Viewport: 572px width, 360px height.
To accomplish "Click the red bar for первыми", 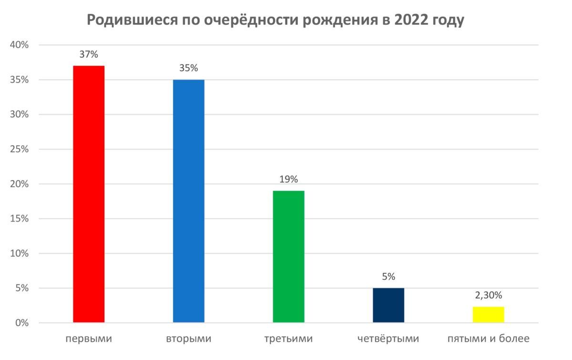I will point(89,194).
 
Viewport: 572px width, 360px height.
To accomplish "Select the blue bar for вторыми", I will point(188,201).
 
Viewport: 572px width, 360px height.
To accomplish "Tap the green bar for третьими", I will point(288,257).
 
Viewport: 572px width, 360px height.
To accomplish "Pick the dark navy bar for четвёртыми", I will point(388,305).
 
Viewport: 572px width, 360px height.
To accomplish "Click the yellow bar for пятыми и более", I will point(488,315).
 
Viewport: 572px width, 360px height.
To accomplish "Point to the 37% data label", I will point(89,54).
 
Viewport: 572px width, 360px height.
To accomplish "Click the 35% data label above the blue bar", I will point(188,68).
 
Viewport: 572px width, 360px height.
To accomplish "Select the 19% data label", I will point(288,179).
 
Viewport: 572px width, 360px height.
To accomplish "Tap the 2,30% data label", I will point(488,295).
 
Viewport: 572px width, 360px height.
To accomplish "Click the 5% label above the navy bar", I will point(388,277).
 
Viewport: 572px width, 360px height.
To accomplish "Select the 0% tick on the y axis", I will point(22,323).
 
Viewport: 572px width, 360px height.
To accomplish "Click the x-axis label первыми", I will point(89,339).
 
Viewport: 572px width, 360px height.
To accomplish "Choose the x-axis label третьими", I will point(288,339).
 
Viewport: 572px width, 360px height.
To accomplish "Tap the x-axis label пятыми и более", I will point(488,339).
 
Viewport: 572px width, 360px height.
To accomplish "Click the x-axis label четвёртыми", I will point(388,339).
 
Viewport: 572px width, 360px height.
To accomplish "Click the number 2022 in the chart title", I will point(412,21).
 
